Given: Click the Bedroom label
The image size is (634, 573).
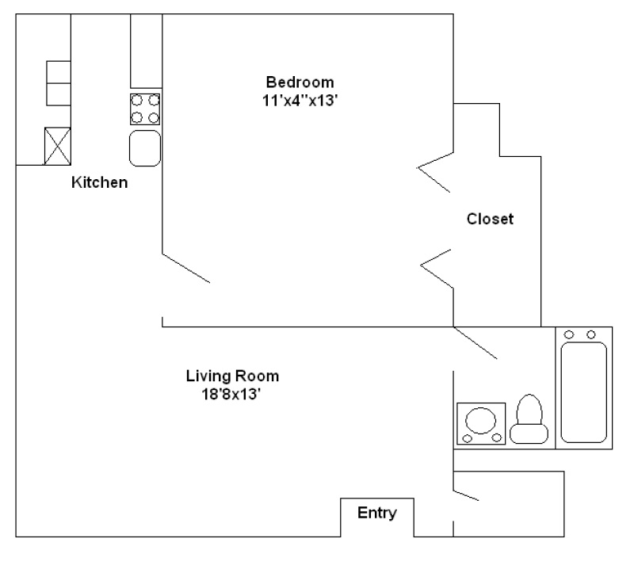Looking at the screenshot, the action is coord(300,82).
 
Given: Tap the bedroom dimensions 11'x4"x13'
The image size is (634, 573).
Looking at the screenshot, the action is coord(300,101).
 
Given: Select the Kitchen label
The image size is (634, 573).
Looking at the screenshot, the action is coord(100,182).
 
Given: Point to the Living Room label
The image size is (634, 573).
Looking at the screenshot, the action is coord(232,376).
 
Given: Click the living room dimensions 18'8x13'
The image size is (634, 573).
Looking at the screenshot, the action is coord(231,394).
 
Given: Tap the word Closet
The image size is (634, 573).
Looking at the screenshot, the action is coord(490,219).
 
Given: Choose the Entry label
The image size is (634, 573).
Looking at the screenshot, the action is coord(377,513).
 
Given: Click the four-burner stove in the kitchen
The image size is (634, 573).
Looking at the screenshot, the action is coord(145,109).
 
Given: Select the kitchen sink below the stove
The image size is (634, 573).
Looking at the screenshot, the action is coord(145,148).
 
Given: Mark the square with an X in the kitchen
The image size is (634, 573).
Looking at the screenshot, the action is coord(57,146).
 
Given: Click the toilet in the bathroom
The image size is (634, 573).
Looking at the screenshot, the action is coord(529,419).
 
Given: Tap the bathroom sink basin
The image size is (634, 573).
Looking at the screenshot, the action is coord(481,420).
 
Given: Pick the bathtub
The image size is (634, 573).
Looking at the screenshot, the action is coord(584,392).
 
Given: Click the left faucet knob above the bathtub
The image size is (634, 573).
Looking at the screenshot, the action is coord(569,334).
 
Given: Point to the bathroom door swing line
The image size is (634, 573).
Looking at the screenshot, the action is coord(475,343).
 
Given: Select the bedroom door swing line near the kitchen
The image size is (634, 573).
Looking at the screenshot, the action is coord(186,268).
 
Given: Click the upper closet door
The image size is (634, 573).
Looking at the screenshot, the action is coord(435,172).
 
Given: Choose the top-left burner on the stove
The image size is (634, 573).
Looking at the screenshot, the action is coord(137,100).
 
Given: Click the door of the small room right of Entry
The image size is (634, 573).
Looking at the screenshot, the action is coord(466,495).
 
